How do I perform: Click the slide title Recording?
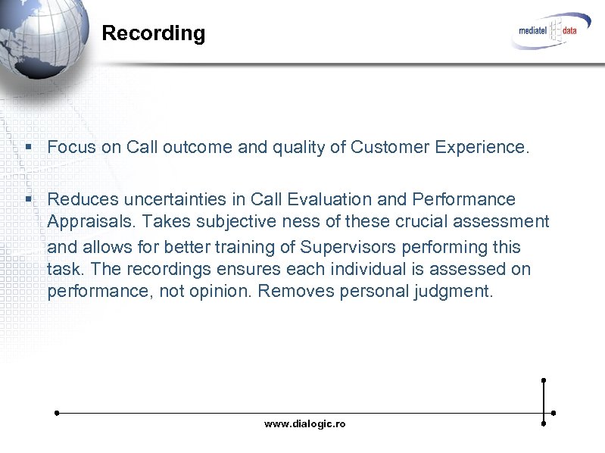pyautogui.click(x=153, y=33)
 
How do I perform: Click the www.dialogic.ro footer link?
pyautogui.click(x=304, y=424)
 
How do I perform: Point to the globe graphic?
pyautogui.click(x=38, y=38)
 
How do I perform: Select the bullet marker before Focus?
pyautogui.click(x=27, y=147)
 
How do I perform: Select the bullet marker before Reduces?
pyautogui.click(x=27, y=199)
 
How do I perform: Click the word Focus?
pyautogui.click(x=71, y=147)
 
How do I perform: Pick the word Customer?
pyautogui.click(x=386, y=147)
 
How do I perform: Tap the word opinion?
pyautogui.click(x=215, y=292)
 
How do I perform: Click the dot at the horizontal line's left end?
pyautogui.click(x=57, y=413)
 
